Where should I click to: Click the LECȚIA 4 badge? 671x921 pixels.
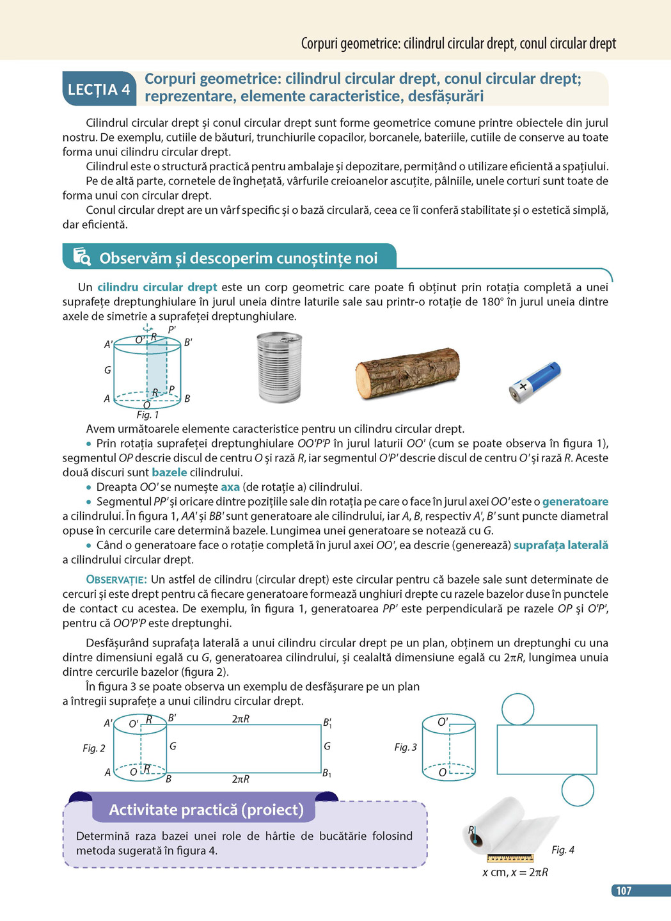pos(99,89)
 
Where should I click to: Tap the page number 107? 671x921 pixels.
pos(623,890)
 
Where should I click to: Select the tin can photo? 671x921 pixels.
pos(279,367)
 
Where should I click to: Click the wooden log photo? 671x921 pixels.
pos(407,372)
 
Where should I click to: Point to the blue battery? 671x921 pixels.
pos(535,382)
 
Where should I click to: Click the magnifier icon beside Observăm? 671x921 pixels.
pos(82,257)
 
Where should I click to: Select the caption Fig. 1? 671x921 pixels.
pos(148,415)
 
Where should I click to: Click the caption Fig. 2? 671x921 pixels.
pos(94,748)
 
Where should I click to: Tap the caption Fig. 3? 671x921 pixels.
pos(406,747)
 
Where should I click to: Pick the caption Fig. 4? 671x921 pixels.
pos(563,850)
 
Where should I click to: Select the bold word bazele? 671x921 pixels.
pos(170,472)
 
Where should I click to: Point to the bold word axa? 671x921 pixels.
pos(230,487)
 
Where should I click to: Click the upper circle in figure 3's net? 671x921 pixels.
pos(517,709)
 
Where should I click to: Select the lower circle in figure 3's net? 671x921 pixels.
pos(578,790)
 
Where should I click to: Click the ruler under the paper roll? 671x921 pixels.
pos(510,858)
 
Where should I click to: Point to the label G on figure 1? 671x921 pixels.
pos(107,370)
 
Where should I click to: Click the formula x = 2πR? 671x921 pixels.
pos(529,872)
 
